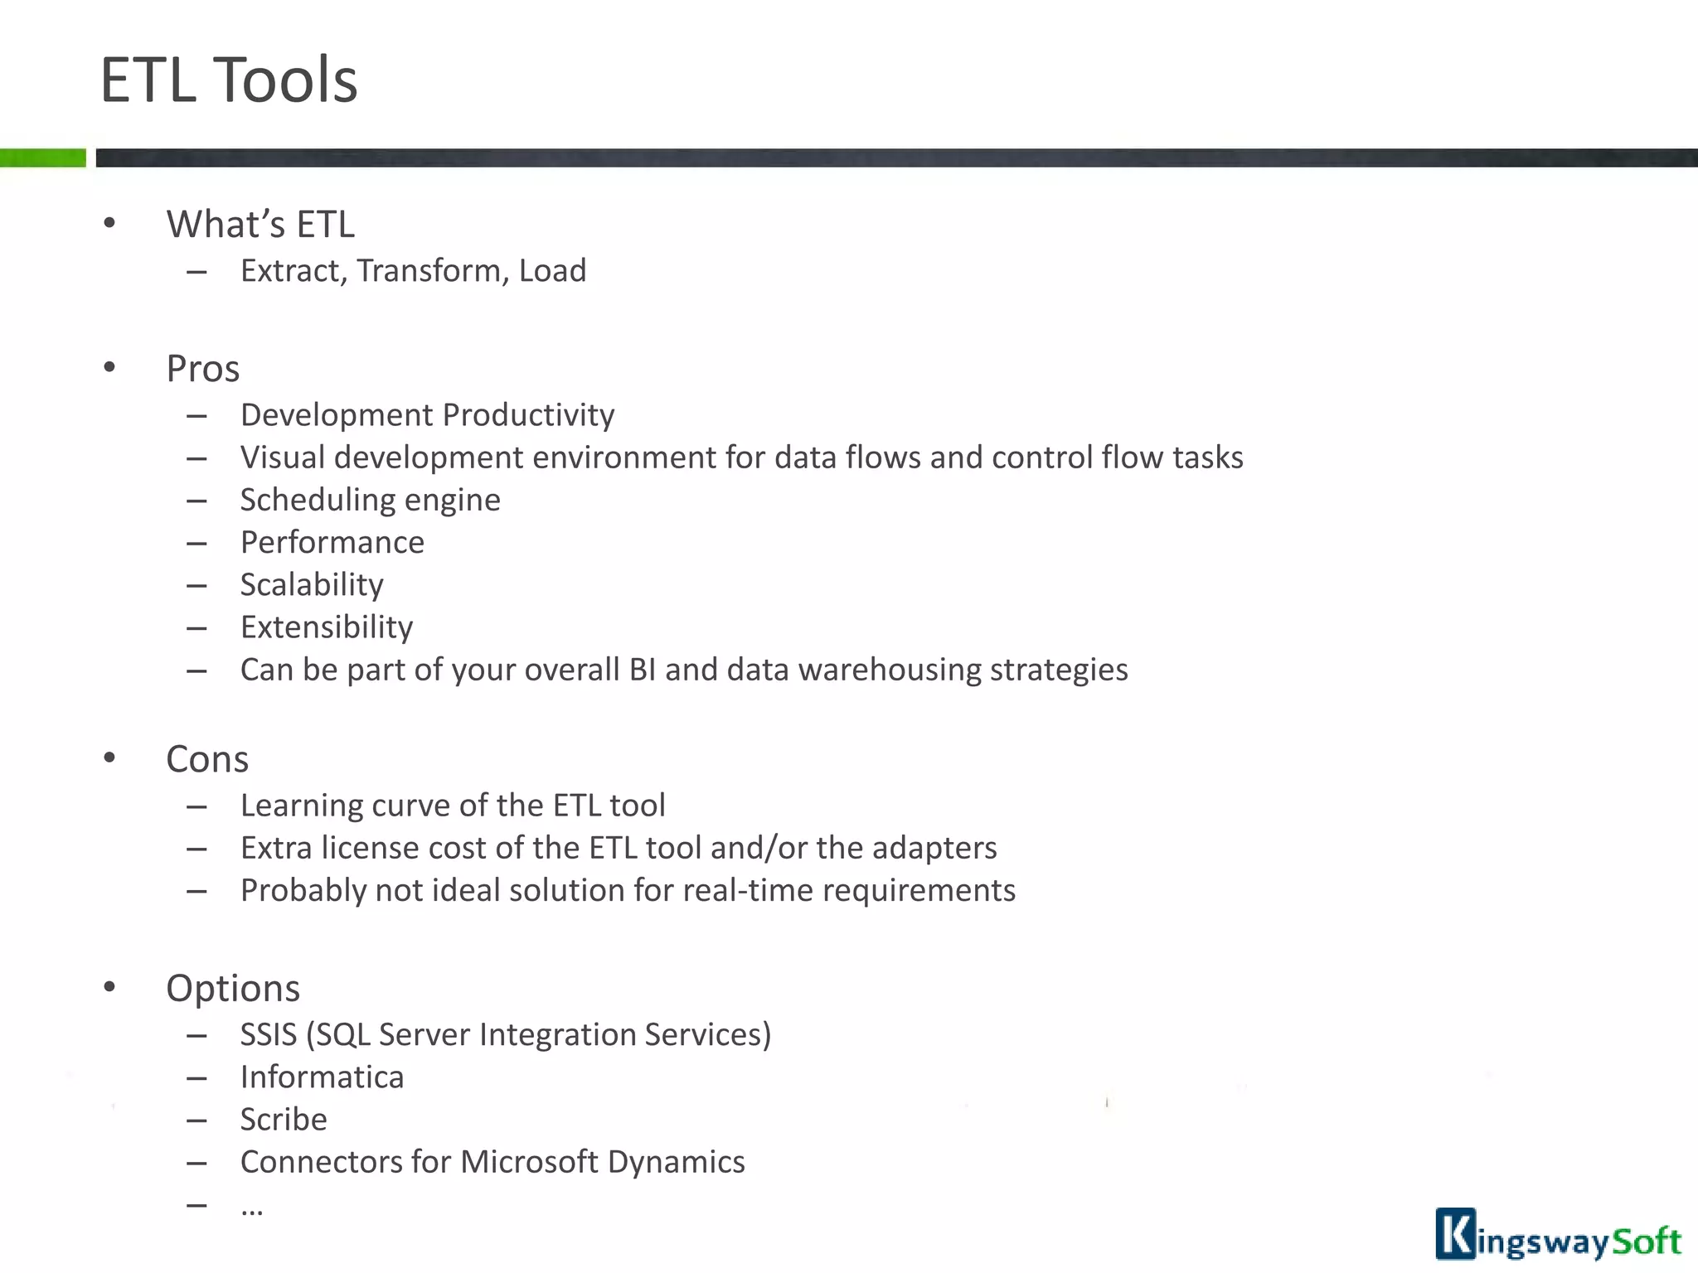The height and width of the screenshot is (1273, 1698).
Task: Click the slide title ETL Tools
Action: coord(229,80)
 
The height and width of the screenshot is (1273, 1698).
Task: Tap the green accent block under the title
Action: coord(42,157)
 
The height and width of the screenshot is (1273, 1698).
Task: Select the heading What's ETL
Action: coord(260,225)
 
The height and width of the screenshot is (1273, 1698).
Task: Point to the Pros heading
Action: coord(202,369)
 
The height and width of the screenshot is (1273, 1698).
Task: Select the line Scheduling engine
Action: coord(370,500)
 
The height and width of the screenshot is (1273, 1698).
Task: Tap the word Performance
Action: coord(332,542)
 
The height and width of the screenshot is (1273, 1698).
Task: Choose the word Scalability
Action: coord(312,585)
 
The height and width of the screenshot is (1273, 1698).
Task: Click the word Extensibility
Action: coord(326,627)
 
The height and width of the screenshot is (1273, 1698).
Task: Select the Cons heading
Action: coord(207,759)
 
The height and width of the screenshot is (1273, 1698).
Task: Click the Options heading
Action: coord(233,988)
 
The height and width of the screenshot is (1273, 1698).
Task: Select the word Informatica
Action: coord(322,1077)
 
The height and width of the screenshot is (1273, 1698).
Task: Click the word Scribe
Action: coord(284,1120)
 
